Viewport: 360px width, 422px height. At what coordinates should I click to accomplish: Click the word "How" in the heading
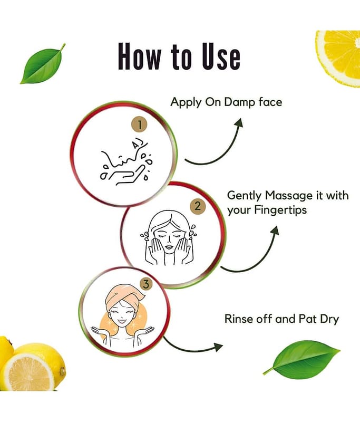point(140,56)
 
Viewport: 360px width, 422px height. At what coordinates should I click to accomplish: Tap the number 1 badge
point(139,124)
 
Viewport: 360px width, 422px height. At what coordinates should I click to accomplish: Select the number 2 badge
point(198,206)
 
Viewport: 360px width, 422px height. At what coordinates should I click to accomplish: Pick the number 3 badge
point(146,284)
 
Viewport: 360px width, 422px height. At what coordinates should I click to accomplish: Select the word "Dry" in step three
point(329,320)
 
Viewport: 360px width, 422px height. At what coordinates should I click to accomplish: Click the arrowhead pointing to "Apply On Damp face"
point(239,123)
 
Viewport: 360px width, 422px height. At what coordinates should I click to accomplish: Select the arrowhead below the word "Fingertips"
point(275,231)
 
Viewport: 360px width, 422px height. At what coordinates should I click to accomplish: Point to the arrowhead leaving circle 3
point(219,347)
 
